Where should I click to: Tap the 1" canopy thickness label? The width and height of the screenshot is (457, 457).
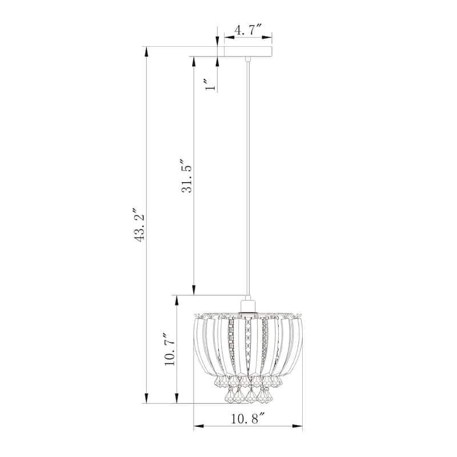211,85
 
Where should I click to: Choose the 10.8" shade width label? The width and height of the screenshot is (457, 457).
247,419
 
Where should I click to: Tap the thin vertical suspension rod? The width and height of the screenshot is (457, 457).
248,171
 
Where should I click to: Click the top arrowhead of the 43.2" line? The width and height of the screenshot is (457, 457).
147,51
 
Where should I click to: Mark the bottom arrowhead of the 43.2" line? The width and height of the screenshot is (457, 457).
147,399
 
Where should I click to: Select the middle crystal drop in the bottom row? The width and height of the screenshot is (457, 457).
248,394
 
